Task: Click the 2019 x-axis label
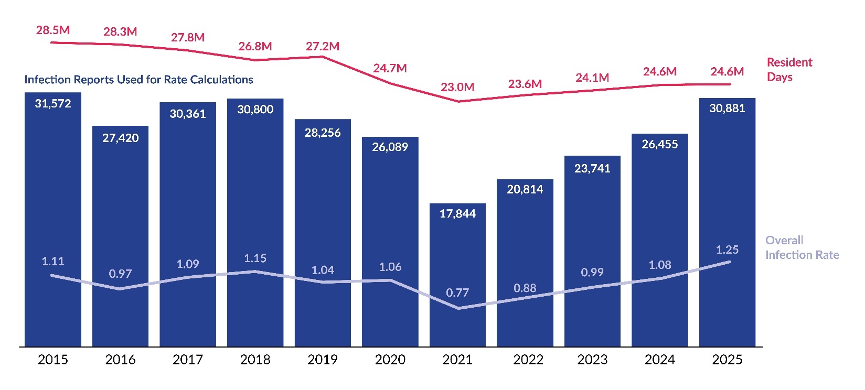pos(323,360)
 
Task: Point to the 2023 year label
pos(592,360)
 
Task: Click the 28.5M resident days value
pos(53,30)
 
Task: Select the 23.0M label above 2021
pos(457,87)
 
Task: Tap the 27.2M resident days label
pos(323,46)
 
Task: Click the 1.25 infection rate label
pos(727,250)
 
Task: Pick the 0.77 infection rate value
pos(457,292)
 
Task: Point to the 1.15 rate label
pos(255,258)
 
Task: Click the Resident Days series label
pos(789,70)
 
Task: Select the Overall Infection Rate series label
pos(802,247)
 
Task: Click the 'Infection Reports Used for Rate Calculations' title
pos(138,80)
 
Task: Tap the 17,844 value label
pos(457,213)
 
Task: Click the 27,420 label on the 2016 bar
pos(121,138)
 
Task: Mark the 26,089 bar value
pos(390,147)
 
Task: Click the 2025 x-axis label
pos(727,360)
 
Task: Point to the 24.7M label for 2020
pos(390,68)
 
